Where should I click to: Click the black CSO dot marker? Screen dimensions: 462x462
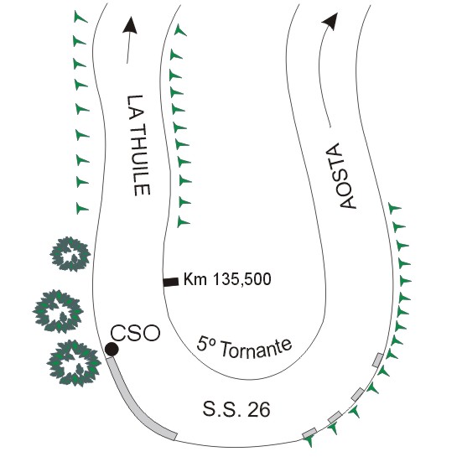[112, 350]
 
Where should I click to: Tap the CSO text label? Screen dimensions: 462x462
[135, 333]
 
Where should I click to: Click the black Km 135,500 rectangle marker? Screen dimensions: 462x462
[171, 282]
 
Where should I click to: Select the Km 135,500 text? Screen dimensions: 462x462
[227, 279]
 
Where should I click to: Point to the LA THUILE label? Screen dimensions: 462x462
[138, 145]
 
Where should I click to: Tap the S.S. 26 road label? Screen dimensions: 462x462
[236, 409]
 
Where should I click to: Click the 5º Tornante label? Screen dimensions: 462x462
[244, 347]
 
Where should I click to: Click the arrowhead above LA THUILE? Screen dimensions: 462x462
[130, 24]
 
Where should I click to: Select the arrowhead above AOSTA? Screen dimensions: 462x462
[331, 21]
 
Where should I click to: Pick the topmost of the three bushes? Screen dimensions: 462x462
[70, 254]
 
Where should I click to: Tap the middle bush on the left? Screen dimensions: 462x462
[58, 311]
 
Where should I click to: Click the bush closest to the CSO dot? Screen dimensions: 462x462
[74, 363]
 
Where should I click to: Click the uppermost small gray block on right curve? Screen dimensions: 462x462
[377, 360]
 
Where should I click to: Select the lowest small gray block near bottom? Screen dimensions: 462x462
[309, 433]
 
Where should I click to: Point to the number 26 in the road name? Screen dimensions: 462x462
[259, 409]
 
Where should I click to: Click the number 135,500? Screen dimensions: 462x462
[241, 279]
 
